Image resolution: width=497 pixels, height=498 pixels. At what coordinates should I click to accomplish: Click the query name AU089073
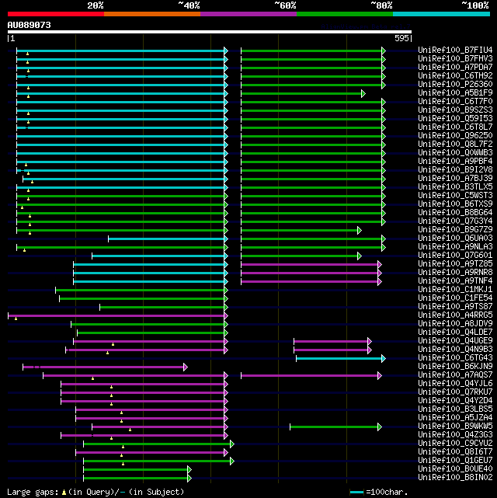coord(30,25)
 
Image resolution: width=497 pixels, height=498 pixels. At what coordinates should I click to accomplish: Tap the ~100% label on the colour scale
coord(475,5)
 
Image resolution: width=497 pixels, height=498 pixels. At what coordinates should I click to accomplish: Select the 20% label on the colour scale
coord(96,5)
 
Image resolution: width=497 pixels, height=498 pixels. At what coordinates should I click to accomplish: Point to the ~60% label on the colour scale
coord(285,5)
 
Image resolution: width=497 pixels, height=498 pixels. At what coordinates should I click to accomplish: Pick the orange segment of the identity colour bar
coord(151,13)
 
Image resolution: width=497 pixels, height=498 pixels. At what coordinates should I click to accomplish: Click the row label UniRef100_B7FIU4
coord(455,50)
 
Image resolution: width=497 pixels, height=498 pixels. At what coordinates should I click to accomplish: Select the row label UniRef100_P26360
coord(455,85)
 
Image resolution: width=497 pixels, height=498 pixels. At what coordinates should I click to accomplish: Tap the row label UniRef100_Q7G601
coord(455,256)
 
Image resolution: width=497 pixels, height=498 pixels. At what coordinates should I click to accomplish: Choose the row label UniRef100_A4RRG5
coord(455,315)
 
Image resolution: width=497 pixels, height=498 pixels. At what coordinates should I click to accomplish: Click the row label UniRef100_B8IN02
coord(455,478)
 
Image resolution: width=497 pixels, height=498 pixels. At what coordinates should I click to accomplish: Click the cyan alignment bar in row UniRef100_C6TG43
coord(339,358)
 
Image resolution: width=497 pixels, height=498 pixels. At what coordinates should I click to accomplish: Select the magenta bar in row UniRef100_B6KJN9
coord(104,367)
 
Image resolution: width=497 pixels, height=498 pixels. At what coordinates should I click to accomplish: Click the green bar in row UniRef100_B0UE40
coord(135,469)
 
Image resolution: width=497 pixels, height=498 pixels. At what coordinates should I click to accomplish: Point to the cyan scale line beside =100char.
coord(356,492)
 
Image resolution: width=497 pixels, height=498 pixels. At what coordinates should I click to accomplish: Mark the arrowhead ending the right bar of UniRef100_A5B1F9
coord(363,93)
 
